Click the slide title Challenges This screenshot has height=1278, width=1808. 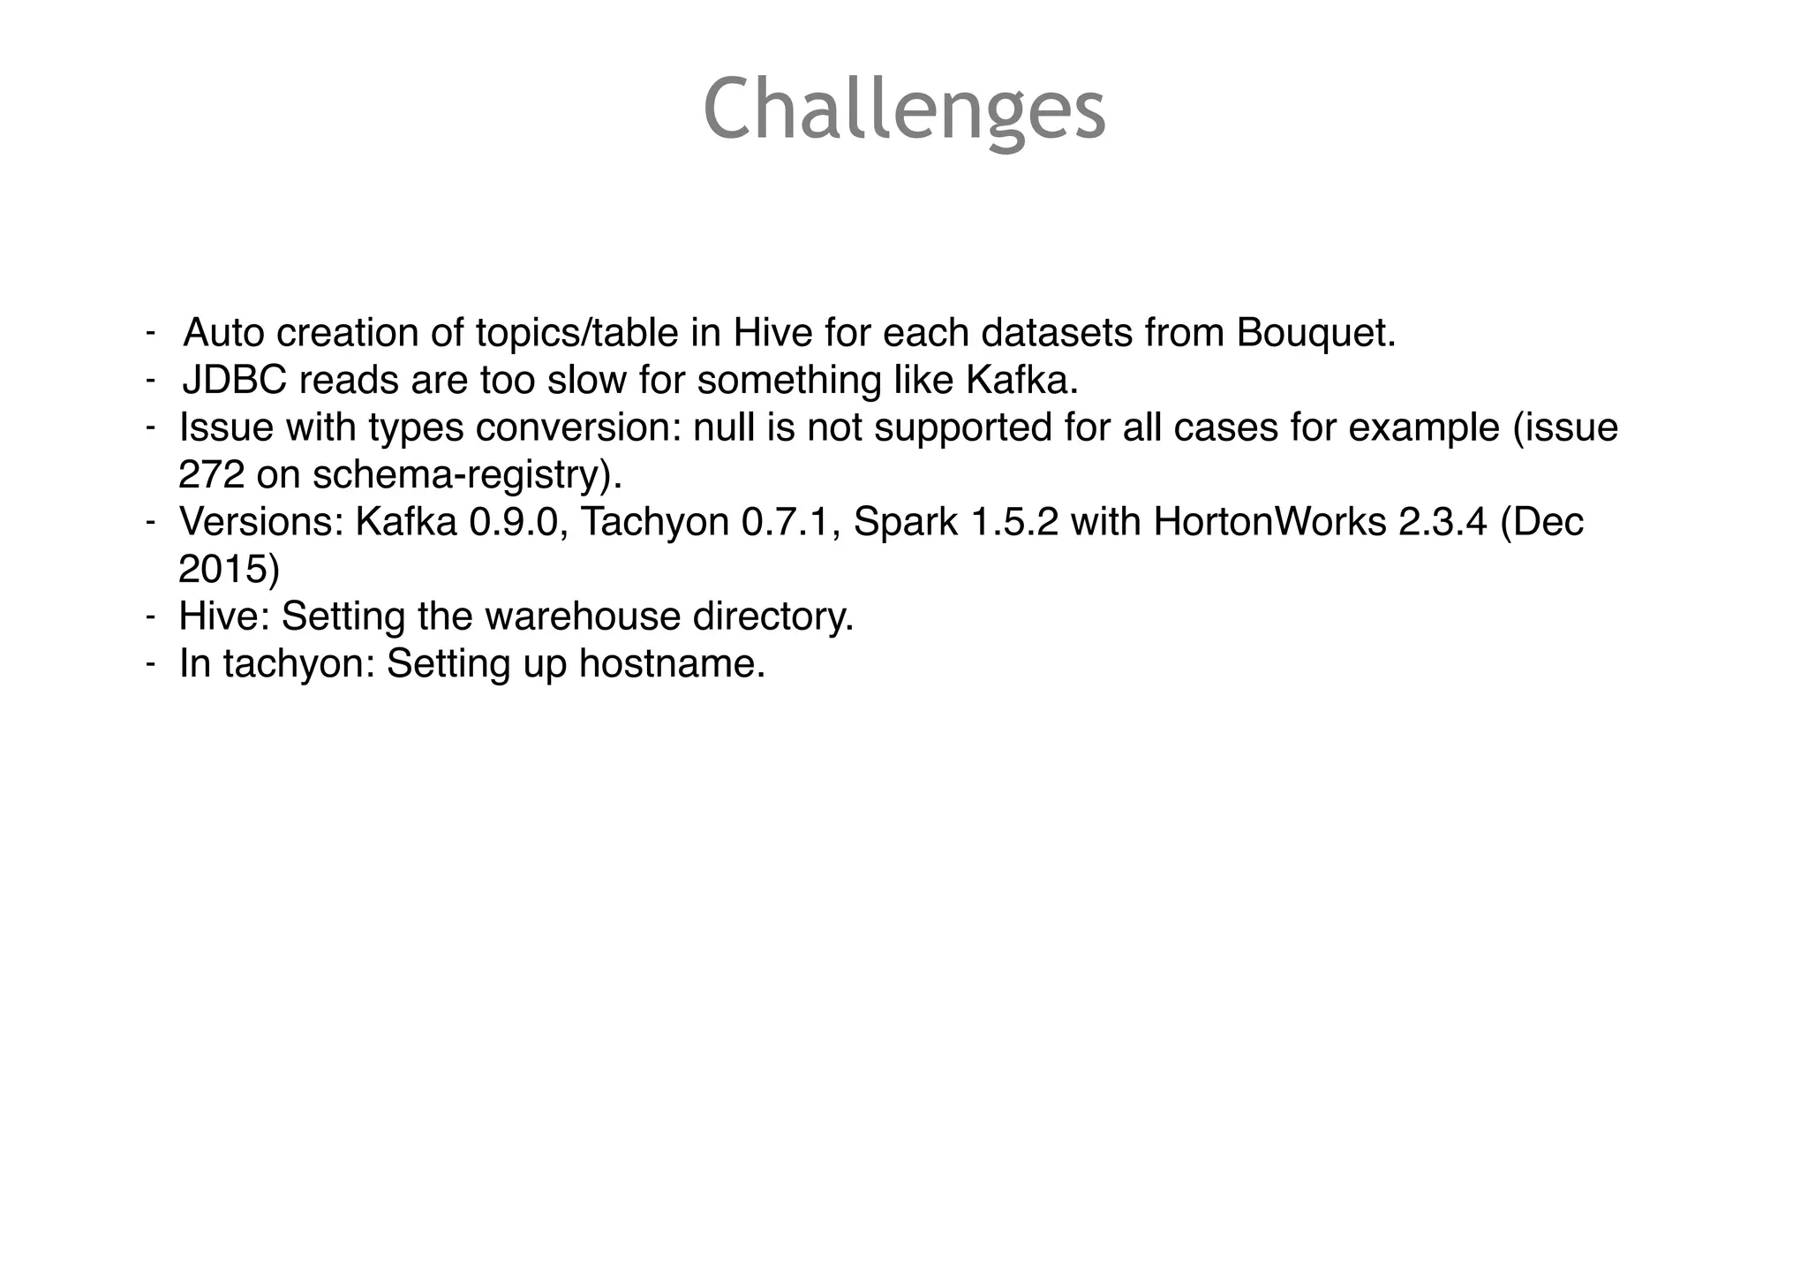click(x=904, y=110)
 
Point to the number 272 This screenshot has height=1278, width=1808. click(x=210, y=475)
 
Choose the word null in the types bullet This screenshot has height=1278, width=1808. click(x=721, y=428)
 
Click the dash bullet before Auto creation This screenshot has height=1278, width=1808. click(x=151, y=333)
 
